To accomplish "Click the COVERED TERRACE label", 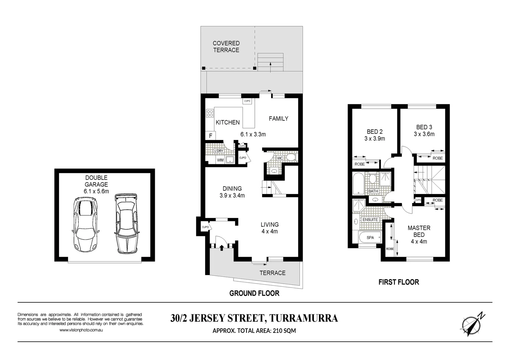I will [226, 47].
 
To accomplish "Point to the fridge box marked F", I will [210, 136].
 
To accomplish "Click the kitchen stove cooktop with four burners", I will [210, 113].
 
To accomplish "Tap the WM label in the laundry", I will [220, 160].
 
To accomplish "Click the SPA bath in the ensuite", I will [370, 238].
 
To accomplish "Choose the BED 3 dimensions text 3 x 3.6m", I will [424, 134].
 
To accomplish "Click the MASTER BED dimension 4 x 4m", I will [419, 242].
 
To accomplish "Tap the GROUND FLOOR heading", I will [254, 293].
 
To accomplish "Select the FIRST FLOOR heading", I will [399, 282].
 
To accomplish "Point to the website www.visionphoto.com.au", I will [81, 330].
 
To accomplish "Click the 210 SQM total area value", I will [284, 331].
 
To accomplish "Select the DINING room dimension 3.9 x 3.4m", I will [232, 196].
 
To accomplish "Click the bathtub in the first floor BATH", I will [359, 183].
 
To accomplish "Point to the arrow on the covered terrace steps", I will [270, 66].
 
